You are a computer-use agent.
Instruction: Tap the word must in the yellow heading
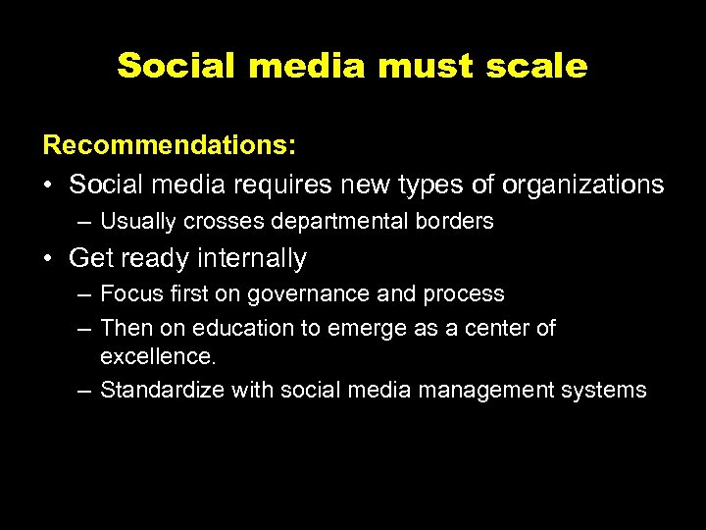pos(426,67)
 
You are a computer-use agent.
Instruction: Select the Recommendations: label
pos(170,145)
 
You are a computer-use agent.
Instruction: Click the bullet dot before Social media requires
pos(49,185)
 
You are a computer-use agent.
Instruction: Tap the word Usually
pos(138,222)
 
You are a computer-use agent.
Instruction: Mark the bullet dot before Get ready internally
pos(49,259)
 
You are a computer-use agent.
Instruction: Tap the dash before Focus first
pos(84,294)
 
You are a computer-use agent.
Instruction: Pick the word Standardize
pos(163,390)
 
